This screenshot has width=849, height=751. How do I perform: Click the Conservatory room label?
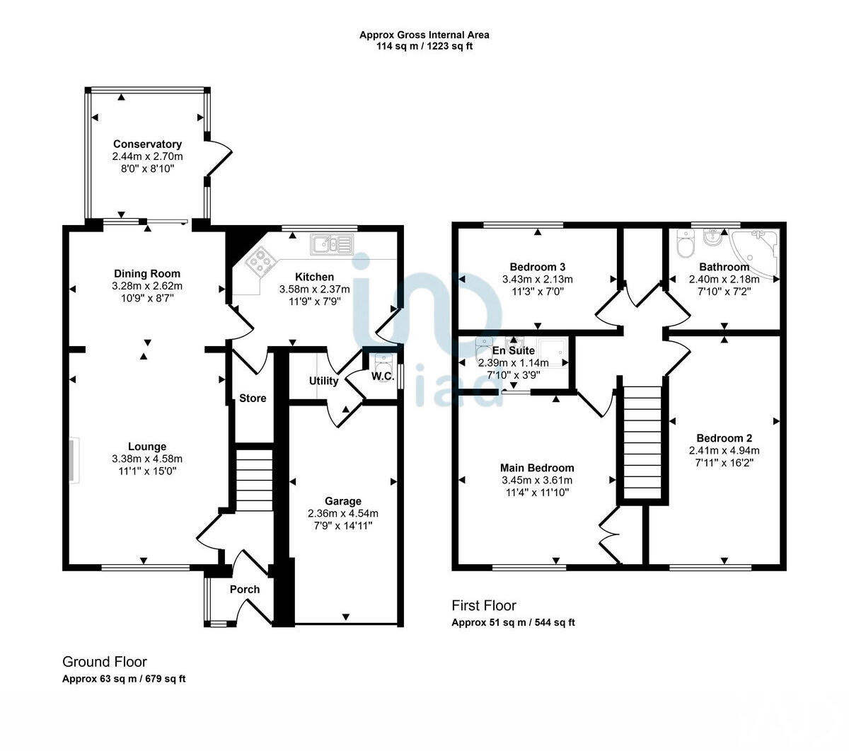click(147, 144)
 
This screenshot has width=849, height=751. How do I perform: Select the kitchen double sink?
click(331, 244)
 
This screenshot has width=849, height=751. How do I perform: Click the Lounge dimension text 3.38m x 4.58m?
click(147, 459)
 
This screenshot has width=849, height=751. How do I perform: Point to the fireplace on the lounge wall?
click(74, 461)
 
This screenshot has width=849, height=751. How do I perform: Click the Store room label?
click(253, 399)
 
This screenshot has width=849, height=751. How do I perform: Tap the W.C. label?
click(383, 375)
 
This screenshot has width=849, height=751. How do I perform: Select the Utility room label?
click(323, 381)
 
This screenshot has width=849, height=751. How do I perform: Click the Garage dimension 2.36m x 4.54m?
click(343, 513)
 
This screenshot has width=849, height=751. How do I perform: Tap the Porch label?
click(245, 589)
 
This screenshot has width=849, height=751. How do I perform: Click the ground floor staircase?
click(253, 479)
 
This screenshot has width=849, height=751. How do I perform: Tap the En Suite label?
click(514, 350)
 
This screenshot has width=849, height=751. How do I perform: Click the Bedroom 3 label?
click(538, 267)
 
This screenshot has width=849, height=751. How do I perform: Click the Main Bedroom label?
click(537, 468)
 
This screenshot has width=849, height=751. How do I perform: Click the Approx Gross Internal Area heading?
click(424, 35)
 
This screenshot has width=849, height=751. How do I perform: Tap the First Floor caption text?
click(484, 606)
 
